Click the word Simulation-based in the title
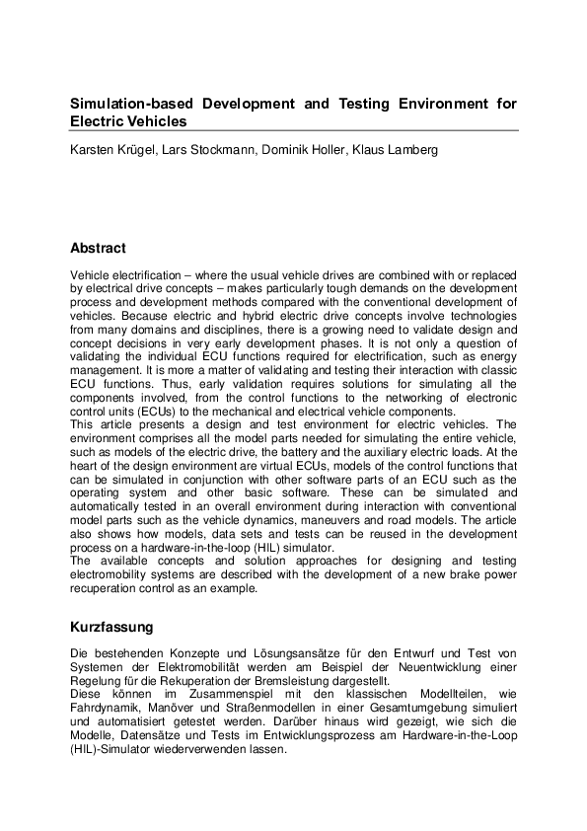127,104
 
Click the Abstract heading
98,248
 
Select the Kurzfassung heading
110,627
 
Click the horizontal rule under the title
293,130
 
